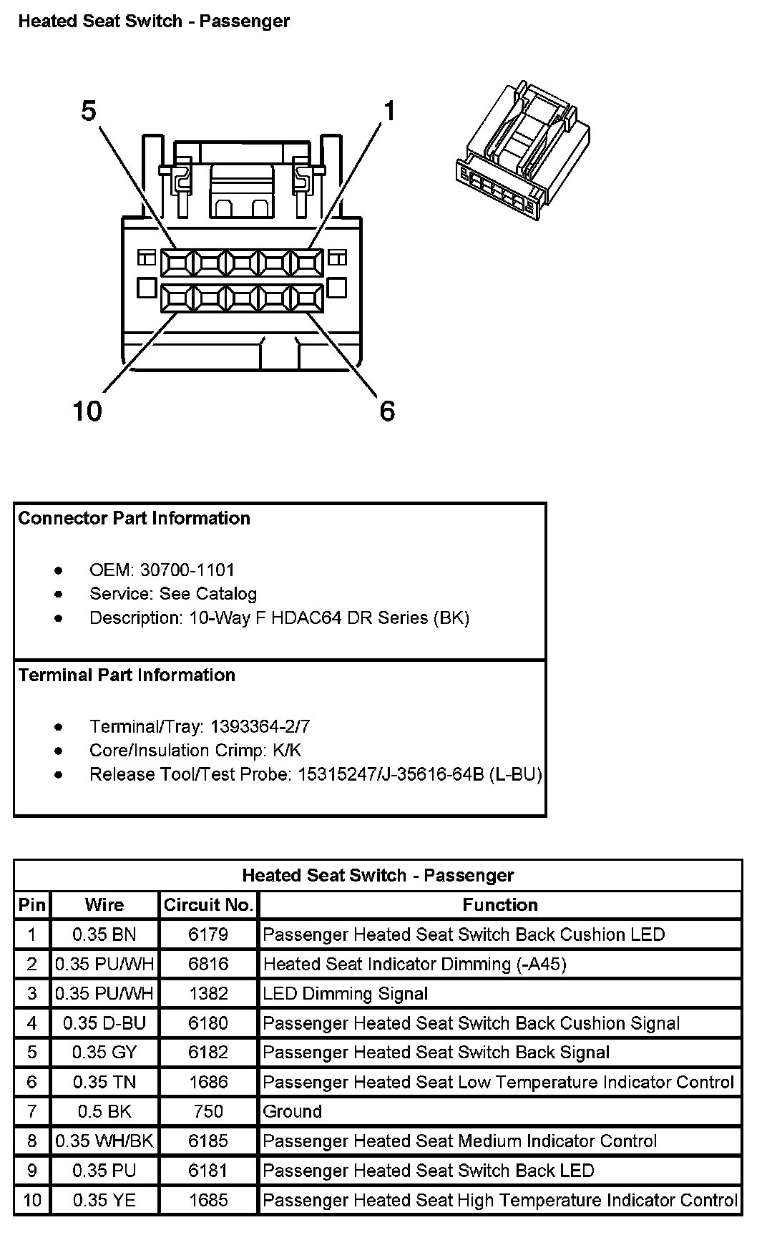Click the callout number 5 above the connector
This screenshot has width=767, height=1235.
pos(89,112)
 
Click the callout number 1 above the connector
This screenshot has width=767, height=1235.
pos(389,112)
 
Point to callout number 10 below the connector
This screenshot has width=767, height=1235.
pos(87,411)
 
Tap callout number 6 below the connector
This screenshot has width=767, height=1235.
pos(387,411)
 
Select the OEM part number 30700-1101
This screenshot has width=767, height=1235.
pos(187,570)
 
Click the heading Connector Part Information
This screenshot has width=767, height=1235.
pos(135,518)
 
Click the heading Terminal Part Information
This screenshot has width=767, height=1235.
pos(127,675)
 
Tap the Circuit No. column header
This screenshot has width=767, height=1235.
pos(208,905)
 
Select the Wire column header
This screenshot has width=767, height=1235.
pos(104,905)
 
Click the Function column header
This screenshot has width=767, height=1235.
pos(500,905)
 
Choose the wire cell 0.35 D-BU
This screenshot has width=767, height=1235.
pos(104,1023)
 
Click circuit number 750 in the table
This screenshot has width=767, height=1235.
pos(208,1111)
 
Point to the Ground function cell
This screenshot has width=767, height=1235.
pos(293,1111)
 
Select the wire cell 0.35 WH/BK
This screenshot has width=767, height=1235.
pos(104,1141)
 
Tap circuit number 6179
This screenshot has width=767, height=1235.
pos(208,934)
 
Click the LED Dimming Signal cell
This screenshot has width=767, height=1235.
pos(346,994)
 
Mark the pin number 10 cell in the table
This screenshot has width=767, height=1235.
pos(31,1200)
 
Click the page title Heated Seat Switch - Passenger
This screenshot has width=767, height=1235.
pos(154,21)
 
